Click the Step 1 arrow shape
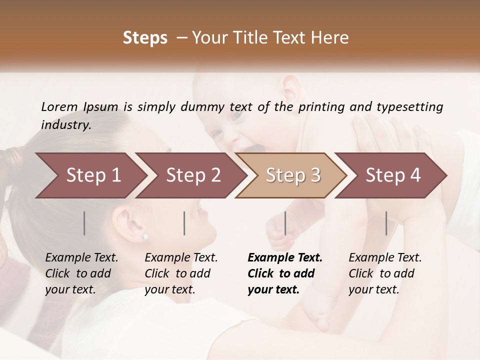click(90, 175)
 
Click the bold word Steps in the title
click(145, 38)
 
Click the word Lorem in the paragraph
click(59, 106)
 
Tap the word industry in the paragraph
click(66, 124)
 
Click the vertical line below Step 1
click(84, 223)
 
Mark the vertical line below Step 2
click(184, 223)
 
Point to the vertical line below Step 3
click(285, 223)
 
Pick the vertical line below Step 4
click(386, 223)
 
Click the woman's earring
click(145, 236)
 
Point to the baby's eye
click(236, 115)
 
